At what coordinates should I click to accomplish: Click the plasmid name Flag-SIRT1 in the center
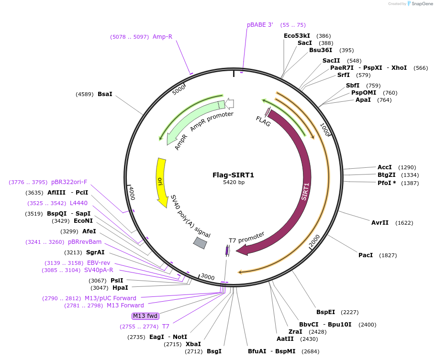(x=233, y=175)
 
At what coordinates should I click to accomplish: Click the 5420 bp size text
(x=234, y=182)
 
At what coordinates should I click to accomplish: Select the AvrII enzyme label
(x=380, y=223)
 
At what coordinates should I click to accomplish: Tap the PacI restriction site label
(x=366, y=255)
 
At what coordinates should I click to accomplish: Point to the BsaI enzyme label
(x=105, y=94)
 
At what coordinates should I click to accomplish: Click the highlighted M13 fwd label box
(x=145, y=316)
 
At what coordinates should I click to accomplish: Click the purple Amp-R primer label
(x=162, y=36)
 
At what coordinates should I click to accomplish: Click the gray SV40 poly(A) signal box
(x=200, y=243)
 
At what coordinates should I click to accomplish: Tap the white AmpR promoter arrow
(x=229, y=103)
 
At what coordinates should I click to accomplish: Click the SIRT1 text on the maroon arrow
(x=305, y=191)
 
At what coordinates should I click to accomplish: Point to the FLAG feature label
(x=263, y=121)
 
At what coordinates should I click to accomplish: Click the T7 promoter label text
(x=246, y=237)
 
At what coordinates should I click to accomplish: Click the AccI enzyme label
(x=385, y=167)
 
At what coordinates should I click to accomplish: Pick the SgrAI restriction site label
(x=95, y=252)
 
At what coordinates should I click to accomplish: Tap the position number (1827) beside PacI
(x=388, y=255)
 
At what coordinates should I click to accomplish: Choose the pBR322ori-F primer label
(x=69, y=182)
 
